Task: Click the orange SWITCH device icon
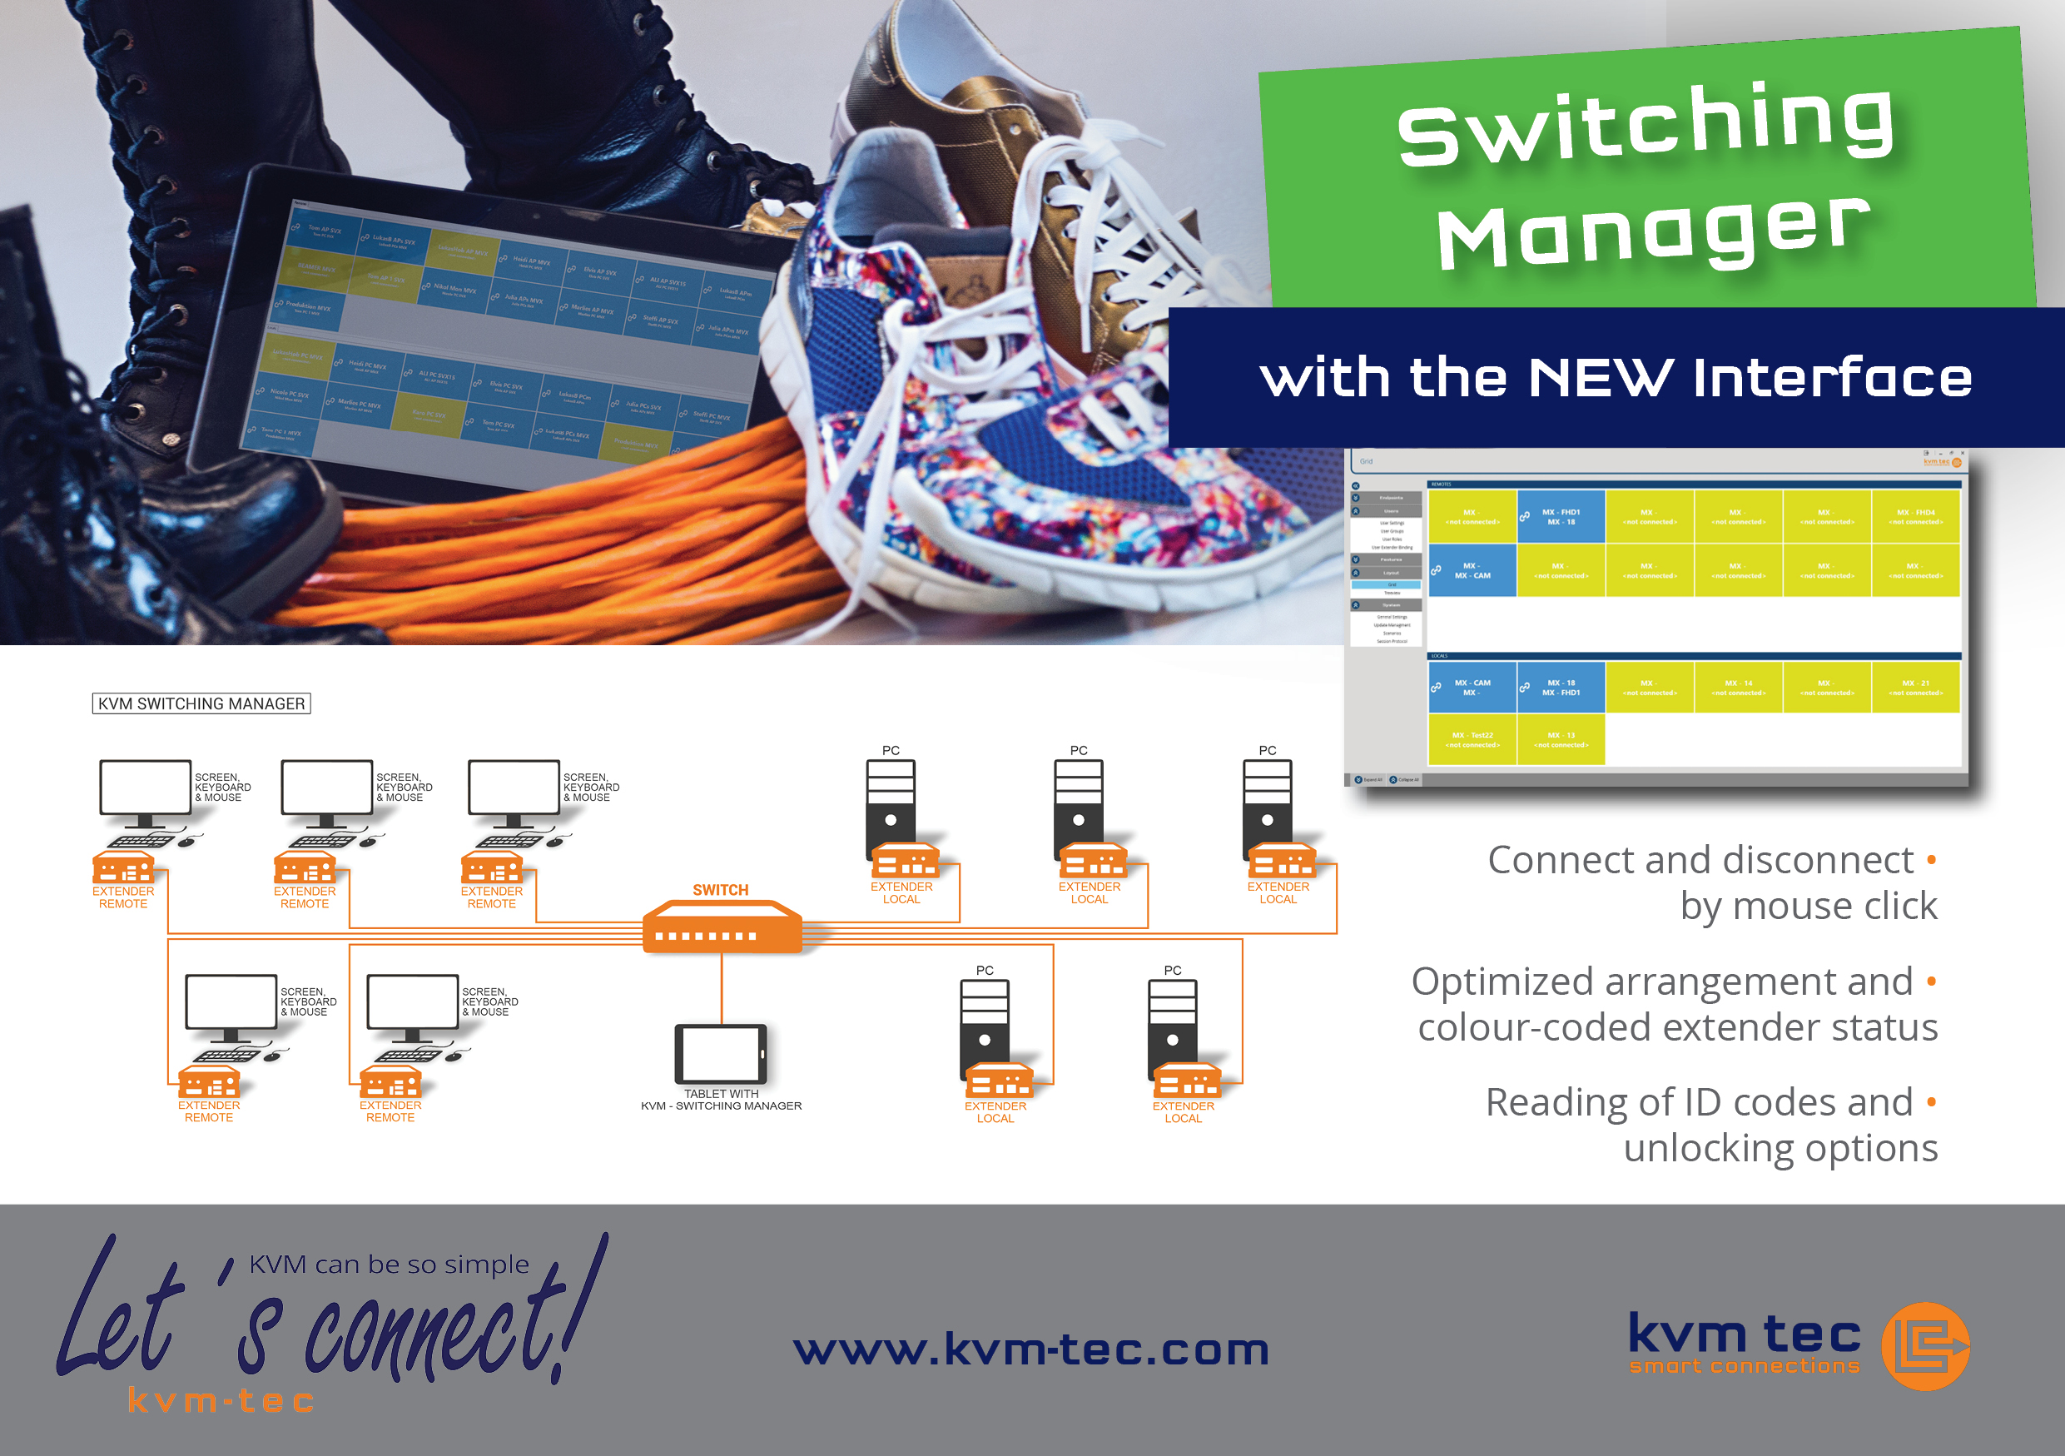click(722, 928)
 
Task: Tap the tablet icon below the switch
click(722, 1053)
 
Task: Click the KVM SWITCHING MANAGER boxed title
click(201, 703)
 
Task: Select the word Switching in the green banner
click(1646, 124)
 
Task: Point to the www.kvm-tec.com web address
click(1030, 1349)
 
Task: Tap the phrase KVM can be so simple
click(389, 1265)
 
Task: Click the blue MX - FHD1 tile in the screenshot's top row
click(1561, 517)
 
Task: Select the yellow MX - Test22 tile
click(1472, 739)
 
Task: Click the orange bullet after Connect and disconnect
click(1931, 860)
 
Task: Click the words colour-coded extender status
click(1677, 1027)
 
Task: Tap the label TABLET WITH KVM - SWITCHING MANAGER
click(722, 1100)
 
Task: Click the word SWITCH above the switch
click(721, 889)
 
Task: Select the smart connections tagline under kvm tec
click(1744, 1366)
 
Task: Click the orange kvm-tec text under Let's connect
click(221, 1400)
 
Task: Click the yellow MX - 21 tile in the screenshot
click(1916, 688)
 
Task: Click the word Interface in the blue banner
click(1832, 377)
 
